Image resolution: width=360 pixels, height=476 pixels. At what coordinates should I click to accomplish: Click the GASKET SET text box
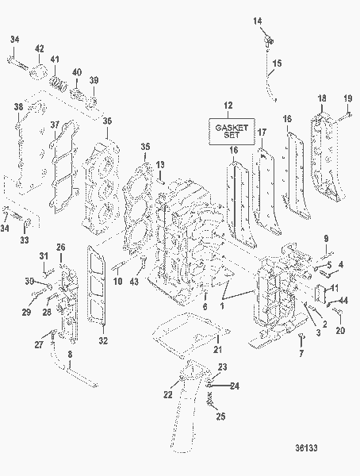point(228,130)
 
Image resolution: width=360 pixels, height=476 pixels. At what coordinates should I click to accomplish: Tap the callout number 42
point(40,48)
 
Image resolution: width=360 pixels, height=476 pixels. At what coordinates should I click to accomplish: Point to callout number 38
point(17,107)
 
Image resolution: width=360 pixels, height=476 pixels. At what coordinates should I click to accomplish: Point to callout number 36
point(107,121)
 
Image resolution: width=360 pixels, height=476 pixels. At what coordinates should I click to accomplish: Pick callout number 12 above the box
point(228,106)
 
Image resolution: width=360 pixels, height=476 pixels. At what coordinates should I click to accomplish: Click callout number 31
point(44,254)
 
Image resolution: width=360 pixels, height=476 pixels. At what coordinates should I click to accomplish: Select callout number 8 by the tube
point(70,355)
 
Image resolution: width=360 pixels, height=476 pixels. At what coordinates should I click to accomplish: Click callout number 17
point(262,132)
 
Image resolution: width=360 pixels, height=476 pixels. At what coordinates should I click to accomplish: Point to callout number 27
point(37,344)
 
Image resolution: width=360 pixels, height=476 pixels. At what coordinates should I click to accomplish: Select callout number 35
point(144,147)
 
